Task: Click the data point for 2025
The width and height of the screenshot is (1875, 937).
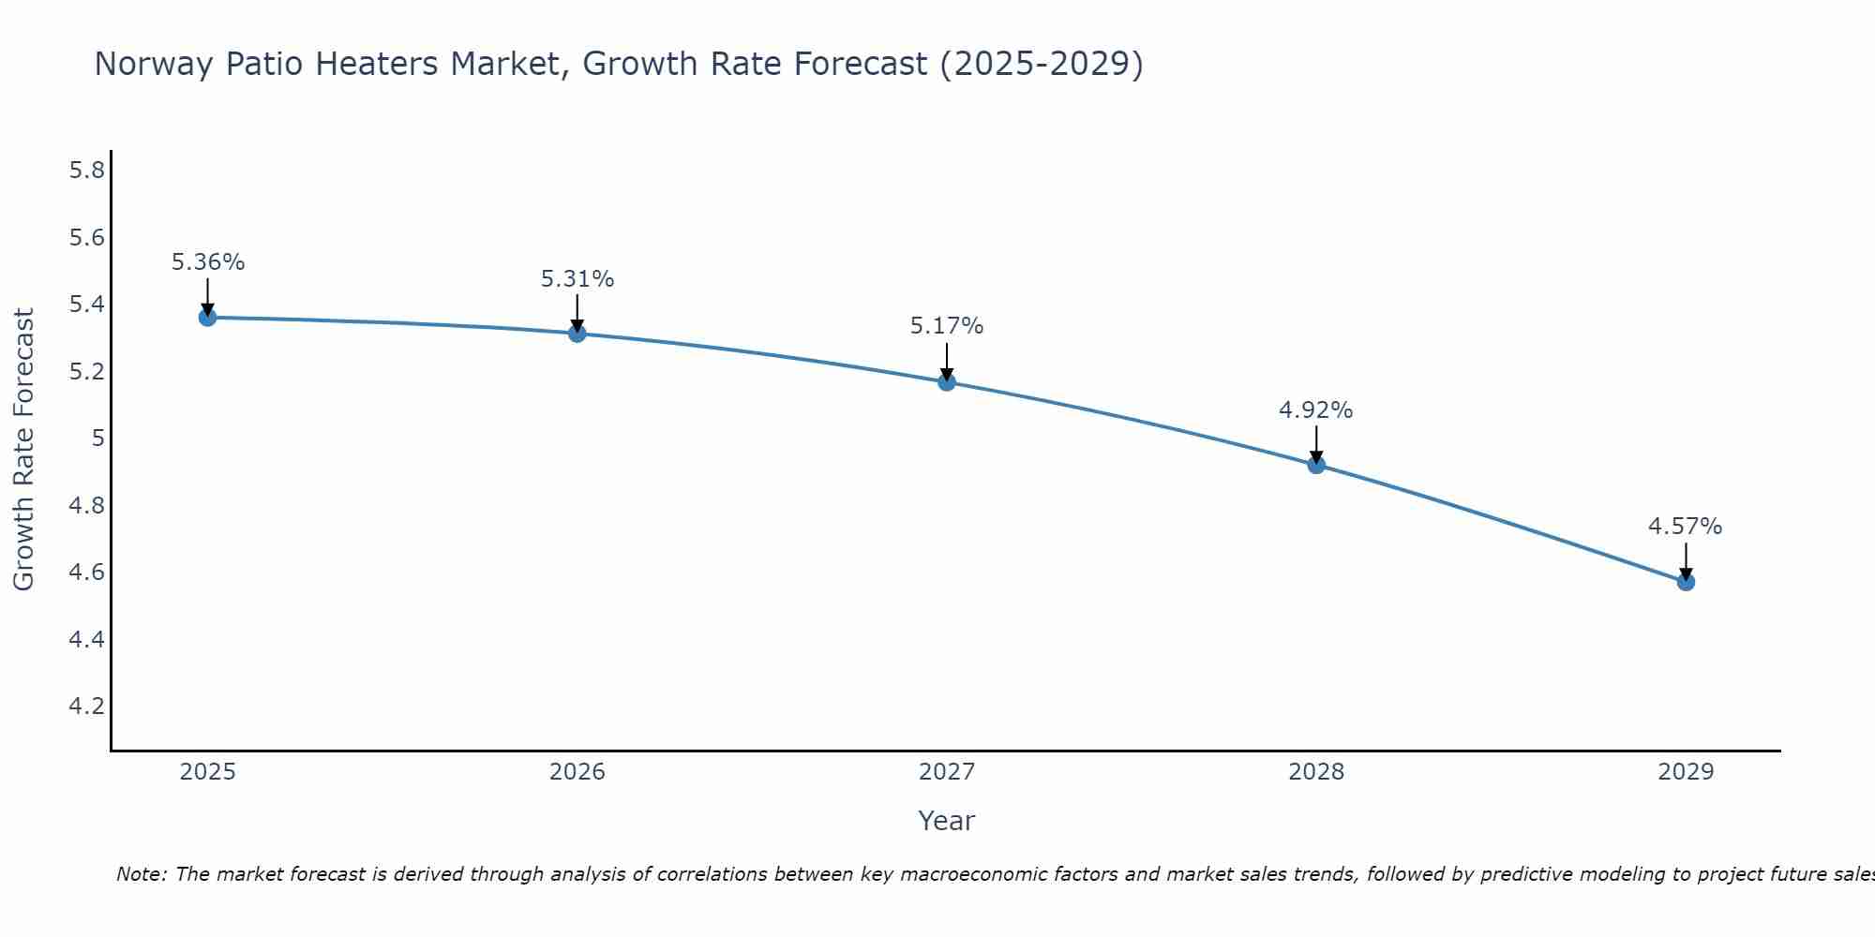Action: click(207, 318)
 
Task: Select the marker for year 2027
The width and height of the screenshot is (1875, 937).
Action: click(947, 381)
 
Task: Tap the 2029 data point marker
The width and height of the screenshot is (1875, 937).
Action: click(1686, 582)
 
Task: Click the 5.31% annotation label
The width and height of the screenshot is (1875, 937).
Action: click(577, 279)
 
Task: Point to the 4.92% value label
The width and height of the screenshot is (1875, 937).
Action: click(1316, 410)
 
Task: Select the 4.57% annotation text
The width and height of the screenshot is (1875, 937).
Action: click(1686, 527)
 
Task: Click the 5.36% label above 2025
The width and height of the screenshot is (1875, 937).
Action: click(208, 262)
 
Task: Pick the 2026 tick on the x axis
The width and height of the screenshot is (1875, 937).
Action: click(577, 772)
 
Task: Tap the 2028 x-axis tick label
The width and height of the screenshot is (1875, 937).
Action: click(1316, 772)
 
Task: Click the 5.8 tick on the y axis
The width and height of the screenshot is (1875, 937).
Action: click(87, 171)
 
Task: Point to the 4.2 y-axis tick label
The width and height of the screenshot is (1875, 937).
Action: click(87, 706)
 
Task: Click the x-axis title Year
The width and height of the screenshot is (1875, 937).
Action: click(947, 821)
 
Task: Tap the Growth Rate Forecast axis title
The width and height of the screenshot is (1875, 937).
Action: click(24, 450)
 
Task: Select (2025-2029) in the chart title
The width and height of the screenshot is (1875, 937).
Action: click(1041, 65)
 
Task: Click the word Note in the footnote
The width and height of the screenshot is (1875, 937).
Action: click(141, 874)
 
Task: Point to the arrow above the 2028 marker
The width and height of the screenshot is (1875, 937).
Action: click(1316, 444)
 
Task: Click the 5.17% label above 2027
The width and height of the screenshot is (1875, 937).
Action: click(947, 326)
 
